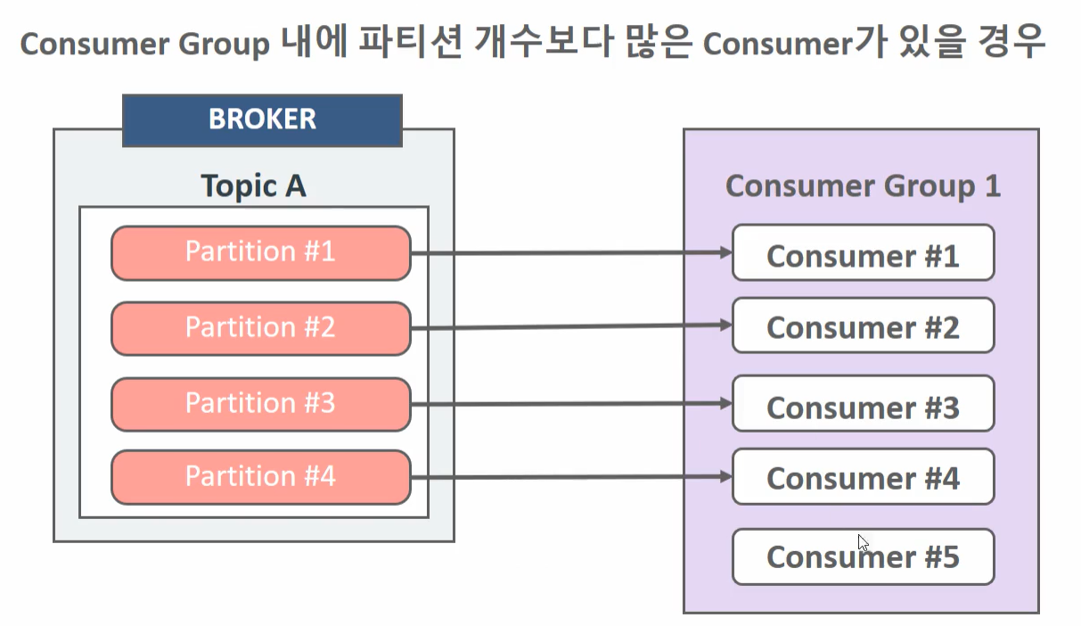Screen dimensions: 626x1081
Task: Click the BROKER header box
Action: [x=262, y=119]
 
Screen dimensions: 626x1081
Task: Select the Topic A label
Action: [x=253, y=186]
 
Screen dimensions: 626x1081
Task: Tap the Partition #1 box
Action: [x=260, y=252]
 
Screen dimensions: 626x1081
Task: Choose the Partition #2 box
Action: [x=260, y=328]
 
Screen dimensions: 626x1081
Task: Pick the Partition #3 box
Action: [x=260, y=404]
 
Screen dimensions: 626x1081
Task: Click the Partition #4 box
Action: [x=260, y=477]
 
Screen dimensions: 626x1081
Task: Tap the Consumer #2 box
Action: [x=862, y=326]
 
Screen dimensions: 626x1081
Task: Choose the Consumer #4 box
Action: [x=862, y=477]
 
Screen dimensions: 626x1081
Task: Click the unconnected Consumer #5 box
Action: [x=862, y=556]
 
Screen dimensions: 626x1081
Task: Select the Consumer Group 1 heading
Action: [x=862, y=186]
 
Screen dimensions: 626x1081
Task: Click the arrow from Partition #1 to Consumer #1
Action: [x=570, y=253]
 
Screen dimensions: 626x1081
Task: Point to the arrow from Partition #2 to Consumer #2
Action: [x=570, y=327]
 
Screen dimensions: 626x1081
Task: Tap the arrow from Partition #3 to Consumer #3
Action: [x=570, y=404]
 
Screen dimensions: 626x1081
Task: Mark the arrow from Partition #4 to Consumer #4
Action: [x=570, y=477]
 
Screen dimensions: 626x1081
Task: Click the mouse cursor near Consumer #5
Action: [x=863, y=543]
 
